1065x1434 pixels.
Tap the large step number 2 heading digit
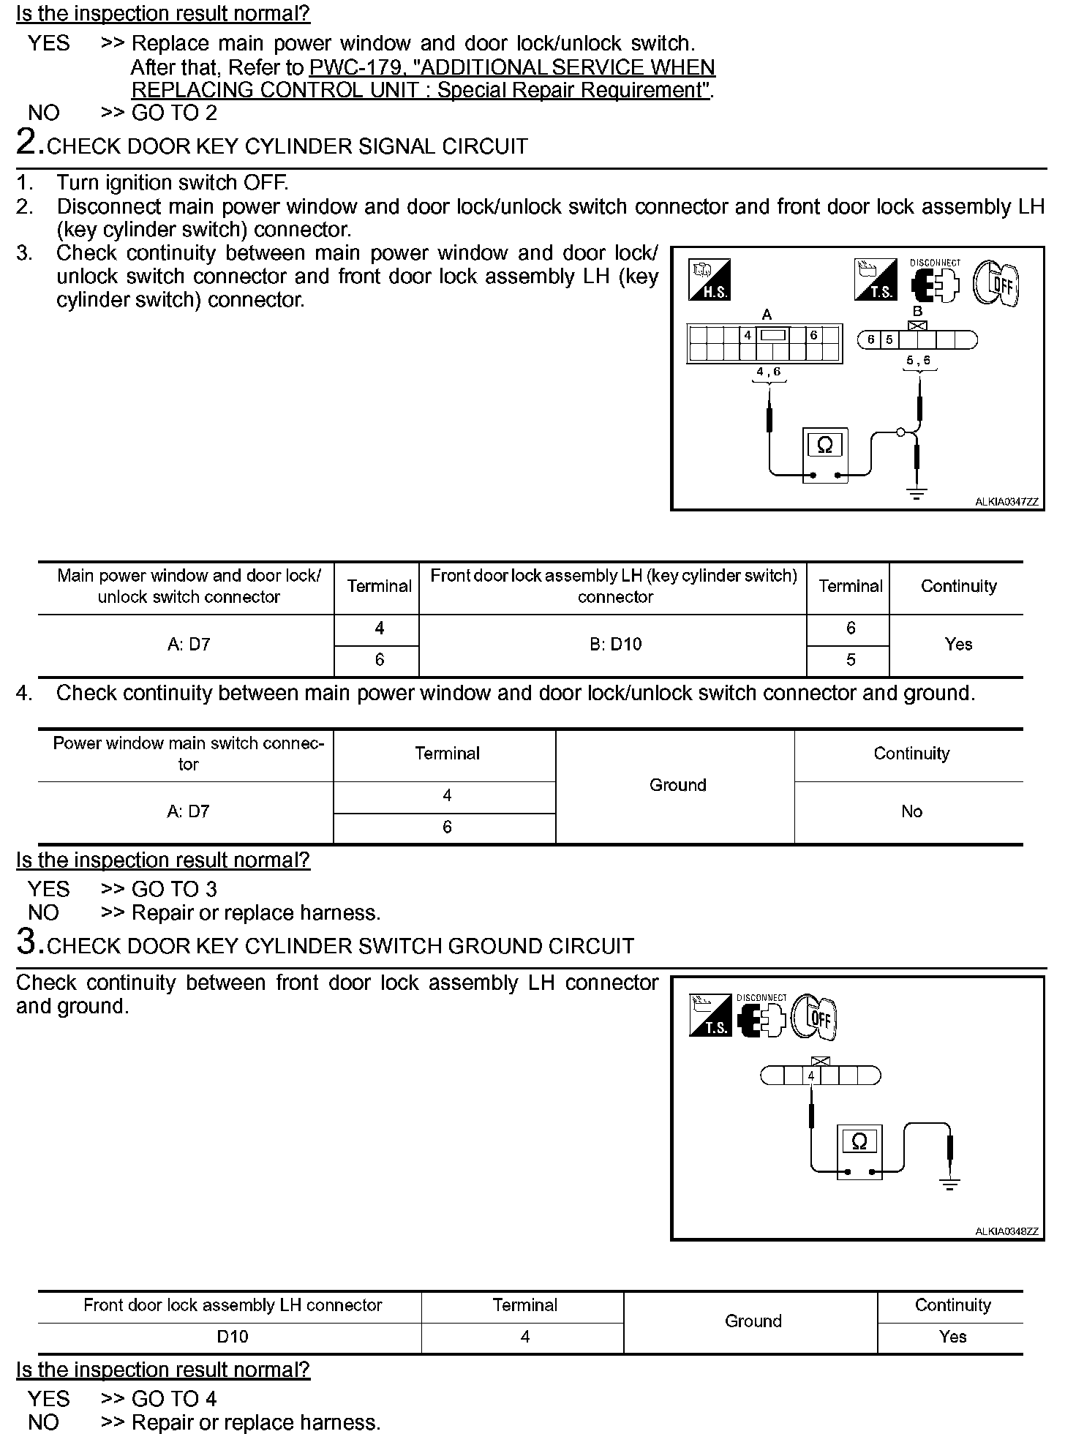[x=27, y=141]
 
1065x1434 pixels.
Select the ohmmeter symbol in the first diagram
[x=825, y=445]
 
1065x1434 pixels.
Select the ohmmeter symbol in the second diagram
[x=859, y=1142]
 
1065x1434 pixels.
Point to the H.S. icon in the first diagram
[x=709, y=279]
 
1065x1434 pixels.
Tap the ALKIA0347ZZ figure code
[x=1006, y=502]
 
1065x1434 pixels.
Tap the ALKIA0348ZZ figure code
[x=1006, y=1231]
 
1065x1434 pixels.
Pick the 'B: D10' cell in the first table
[x=615, y=645]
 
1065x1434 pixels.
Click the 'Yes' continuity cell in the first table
[x=958, y=645]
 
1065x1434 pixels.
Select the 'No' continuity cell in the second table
[x=911, y=811]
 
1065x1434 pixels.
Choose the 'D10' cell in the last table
[x=233, y=1337]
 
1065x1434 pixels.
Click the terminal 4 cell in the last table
[x=525, y=1337]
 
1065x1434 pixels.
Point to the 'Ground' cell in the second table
[x=677, y=785]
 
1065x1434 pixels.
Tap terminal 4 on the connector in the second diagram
[x=811, y=1076]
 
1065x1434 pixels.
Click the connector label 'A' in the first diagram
[x=767, y=315]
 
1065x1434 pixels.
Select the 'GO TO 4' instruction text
[x=174, y=1398]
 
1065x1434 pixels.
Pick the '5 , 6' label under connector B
[x=919, y=361]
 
